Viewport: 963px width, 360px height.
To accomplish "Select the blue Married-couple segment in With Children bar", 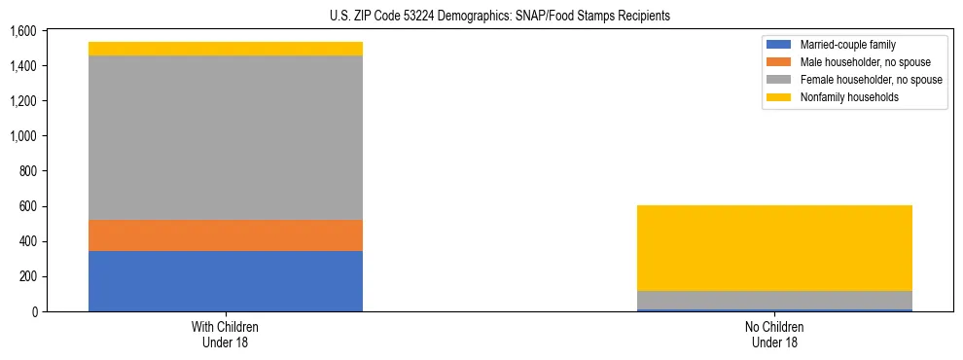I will tap(225, 280).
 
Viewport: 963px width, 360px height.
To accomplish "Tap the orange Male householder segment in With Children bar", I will tap(225, 234).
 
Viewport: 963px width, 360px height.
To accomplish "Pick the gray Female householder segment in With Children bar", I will tap(225, 137).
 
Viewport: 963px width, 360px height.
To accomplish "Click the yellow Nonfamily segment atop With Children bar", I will tap(225, 49).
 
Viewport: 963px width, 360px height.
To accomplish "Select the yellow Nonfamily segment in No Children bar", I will tap(774, 248).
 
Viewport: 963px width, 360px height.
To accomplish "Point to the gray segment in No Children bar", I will tap(774, 300).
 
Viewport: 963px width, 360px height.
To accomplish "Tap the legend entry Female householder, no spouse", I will tap(870, 80).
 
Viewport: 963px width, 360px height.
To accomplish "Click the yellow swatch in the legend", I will tap(779, 97).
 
